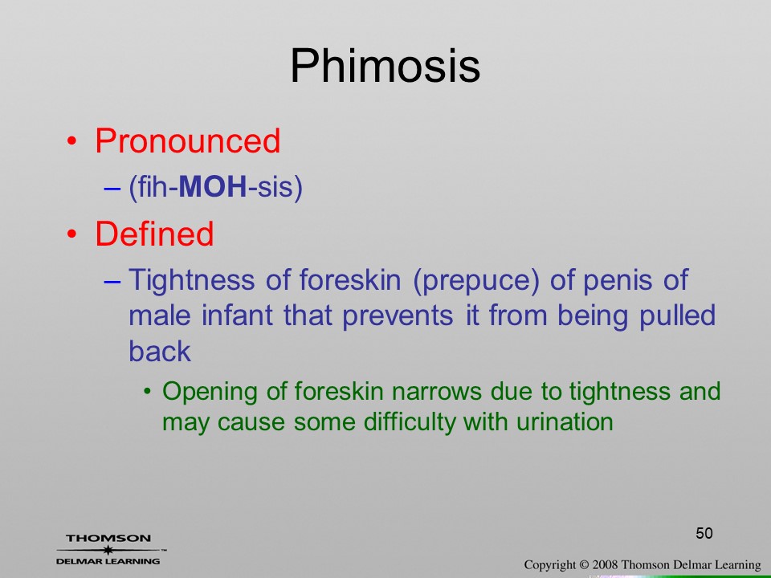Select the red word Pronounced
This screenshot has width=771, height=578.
click(187, 141)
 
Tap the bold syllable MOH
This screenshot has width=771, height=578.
click(212, 187)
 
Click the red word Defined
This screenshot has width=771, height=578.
click(154, 234)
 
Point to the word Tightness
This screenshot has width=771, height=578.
click(192, 280)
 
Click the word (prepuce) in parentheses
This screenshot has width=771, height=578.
click(476, 281)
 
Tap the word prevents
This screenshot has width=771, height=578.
click(398, 316)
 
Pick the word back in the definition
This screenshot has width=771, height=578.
click(160, 352)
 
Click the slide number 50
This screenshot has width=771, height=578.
click(704, 533)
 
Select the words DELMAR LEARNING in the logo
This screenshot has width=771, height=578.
click(108, 561)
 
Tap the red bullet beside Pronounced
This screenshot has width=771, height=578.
click(71, 141)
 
